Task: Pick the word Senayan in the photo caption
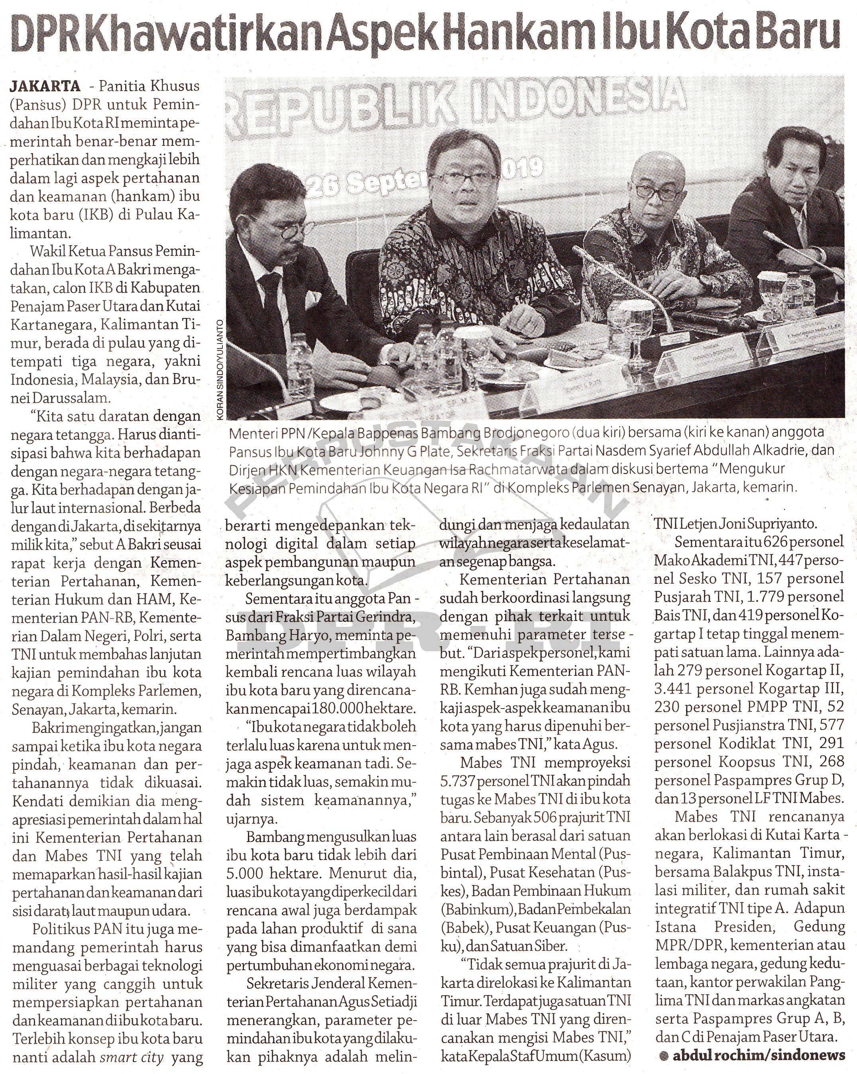point(658,487)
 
